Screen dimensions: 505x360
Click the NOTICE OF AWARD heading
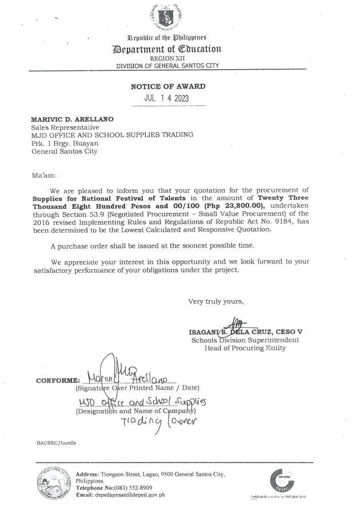tap(168, 86)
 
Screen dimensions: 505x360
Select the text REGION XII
tap(167, 59)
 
